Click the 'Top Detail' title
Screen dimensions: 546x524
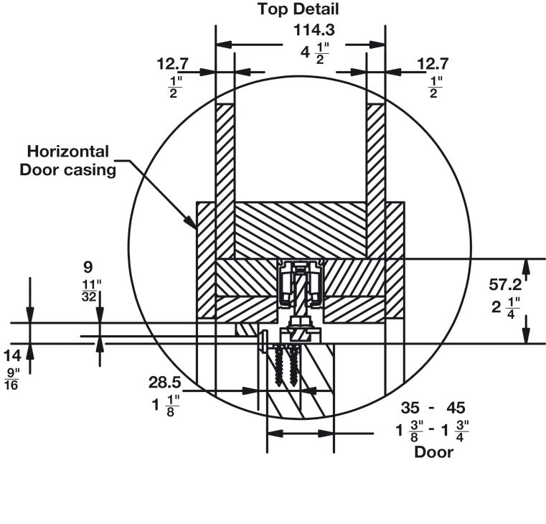click(x=298, y=9)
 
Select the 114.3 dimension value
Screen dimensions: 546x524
click(x=314, y=30)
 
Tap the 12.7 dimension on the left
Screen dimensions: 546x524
click(x=172, y=64)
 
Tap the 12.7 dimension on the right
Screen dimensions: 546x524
click(x=433, y=64)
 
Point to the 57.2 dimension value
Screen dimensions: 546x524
click(x=505, y=285)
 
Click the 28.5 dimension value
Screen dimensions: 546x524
click(x=165, y=382)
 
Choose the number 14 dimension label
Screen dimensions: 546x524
click(x=12, y=356)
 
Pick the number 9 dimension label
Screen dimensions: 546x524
click(x=88, y=267)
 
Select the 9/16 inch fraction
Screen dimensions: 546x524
click(x=12, y=380)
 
